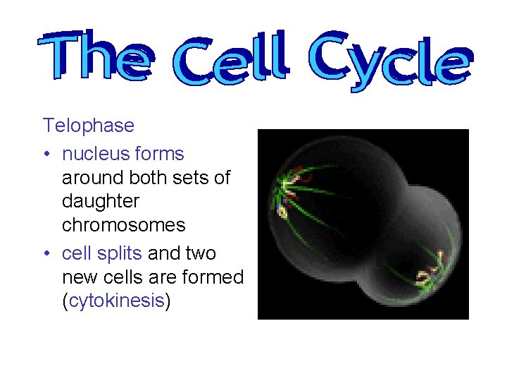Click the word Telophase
[88, 126]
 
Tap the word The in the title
[95, 56]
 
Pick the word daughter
[101, 202]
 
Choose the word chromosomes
[123, 226]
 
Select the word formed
[211, 277]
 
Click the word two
[200, 253]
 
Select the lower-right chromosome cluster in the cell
[431, 270]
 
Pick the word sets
[194, 178]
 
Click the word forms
[161, 154]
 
